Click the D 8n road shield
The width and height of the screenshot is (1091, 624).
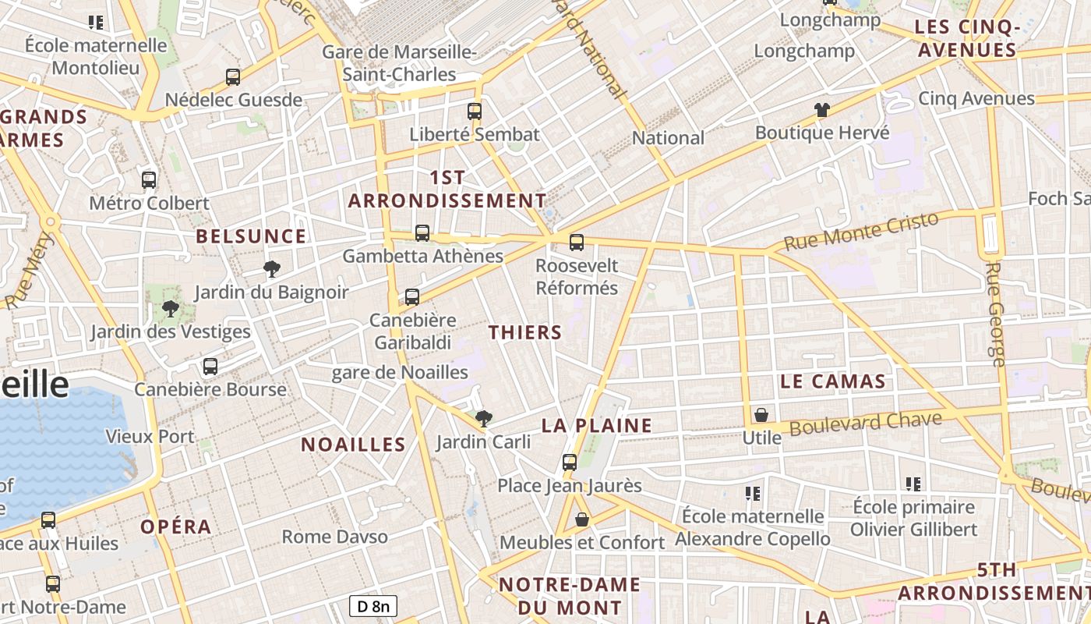pos(373,606)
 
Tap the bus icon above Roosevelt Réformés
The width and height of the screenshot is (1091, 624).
pos(577,243)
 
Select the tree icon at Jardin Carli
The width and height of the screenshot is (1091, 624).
pos(484,419)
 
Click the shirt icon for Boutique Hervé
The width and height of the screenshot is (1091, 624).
pos(822,110)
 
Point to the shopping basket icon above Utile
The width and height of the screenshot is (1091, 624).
pos(761,415)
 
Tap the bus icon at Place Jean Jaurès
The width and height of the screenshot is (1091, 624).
pos(570,463)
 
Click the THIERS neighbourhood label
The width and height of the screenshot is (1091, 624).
pos(525,332)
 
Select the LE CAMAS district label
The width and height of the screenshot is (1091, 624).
pos(833,381)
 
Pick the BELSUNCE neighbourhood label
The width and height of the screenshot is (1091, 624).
pos(251,236)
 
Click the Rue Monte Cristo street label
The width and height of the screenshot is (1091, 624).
pos(861,232)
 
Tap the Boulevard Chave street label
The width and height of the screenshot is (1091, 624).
pos(866,424)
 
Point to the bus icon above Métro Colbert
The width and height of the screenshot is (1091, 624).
pos(149,180)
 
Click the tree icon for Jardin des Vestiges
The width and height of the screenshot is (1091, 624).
pos(171,309)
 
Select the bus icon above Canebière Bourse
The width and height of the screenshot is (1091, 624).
pos(210,367)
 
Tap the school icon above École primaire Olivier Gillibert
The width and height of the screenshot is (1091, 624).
pos(914,484)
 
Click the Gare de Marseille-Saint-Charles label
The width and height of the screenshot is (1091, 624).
pos(400,63)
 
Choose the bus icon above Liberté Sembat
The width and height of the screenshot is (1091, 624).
pos(475,112)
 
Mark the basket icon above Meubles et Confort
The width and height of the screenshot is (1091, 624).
pos(582,519)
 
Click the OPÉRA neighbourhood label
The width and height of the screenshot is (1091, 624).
pos(176,526)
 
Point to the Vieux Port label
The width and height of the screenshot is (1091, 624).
pos(150,436)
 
